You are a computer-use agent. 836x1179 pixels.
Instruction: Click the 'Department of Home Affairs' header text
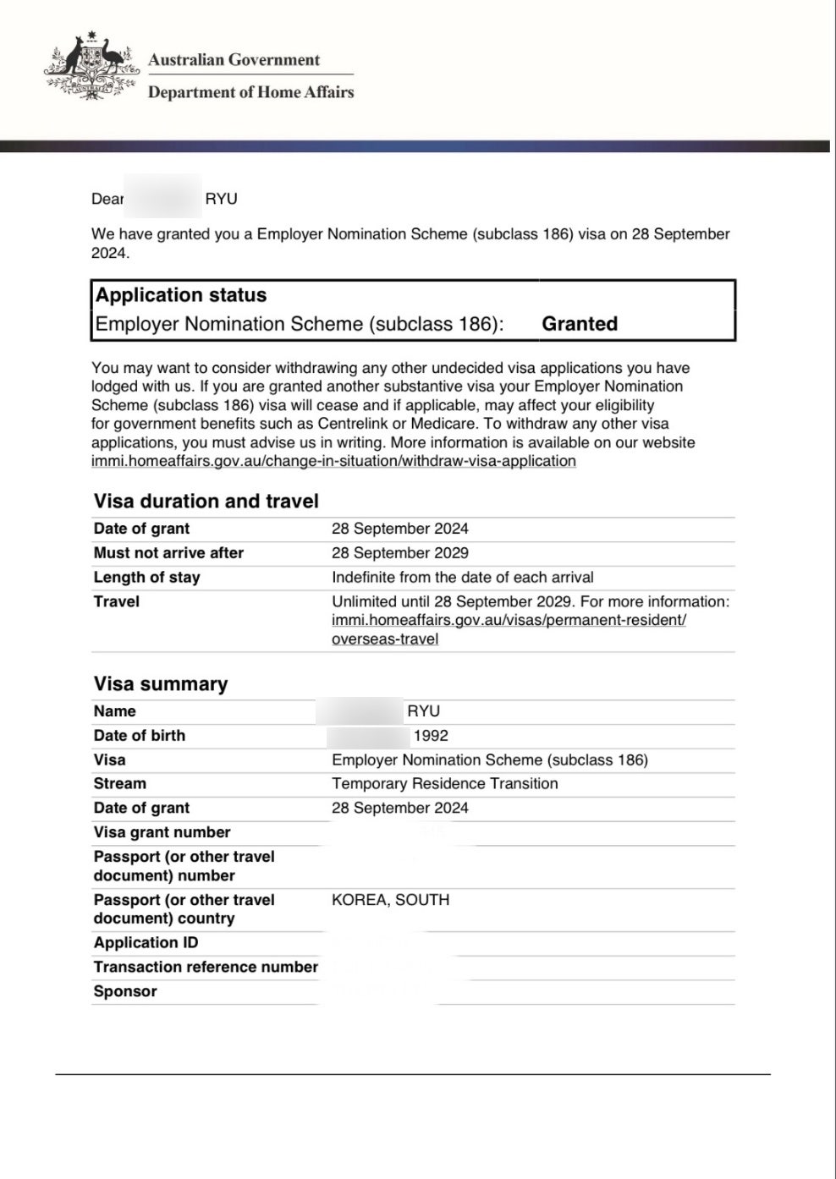click(250, 92)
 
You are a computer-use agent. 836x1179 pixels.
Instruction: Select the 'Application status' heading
click(181, 295)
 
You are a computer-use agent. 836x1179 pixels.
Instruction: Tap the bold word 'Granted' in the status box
click(580, 324)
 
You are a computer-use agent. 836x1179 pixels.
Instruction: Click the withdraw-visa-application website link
click(333, 461)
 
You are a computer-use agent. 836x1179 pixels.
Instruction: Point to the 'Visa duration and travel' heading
click(206, 502)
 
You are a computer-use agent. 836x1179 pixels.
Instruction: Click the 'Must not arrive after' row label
click(168, 553)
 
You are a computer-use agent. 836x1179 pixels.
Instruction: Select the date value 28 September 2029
click(399, 553)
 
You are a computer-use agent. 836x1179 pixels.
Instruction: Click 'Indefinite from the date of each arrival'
click(462, 578)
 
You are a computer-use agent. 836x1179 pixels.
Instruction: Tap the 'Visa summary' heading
click(161, 684)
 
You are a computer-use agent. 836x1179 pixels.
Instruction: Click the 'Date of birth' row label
click(139, 736)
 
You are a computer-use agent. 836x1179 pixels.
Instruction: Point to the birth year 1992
click(431, 736)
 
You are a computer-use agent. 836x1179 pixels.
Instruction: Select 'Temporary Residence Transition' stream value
click(444, 784)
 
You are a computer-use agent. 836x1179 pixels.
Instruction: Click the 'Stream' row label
click(119, 784)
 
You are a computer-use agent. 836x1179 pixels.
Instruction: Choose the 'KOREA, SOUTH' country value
click(390, 900)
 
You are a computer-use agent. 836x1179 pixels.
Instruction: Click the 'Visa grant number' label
click(162, 833)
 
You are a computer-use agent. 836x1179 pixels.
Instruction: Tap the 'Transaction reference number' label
click(206, 968)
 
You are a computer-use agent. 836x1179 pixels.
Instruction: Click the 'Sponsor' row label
click(125, 992)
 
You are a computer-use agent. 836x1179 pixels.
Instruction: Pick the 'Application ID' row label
click(146, 943)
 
